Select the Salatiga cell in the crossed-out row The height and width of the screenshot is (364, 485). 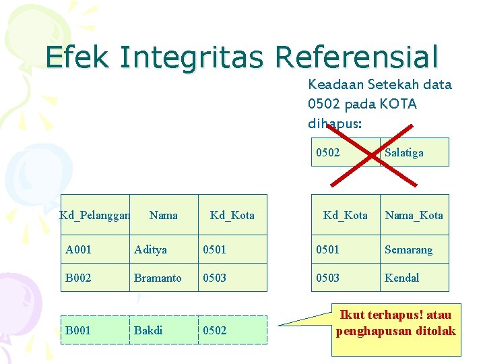point(404,152)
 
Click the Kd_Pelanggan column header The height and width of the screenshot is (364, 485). point(94,215)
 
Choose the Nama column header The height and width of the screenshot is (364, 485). point(164,215)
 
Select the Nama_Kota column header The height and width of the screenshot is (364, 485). point(414,215)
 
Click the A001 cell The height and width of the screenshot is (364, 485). point(79,249)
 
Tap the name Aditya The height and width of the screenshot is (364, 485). point(150,249)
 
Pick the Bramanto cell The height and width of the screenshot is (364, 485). point(158,278)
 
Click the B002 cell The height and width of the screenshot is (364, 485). point(79,278)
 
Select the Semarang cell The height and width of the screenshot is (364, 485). point(408,249)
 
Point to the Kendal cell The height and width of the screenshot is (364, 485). point(401,278)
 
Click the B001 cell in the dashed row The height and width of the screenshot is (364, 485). point(79,330)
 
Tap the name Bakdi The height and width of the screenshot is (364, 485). point(148,330)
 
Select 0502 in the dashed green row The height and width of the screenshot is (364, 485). point(215,330)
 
